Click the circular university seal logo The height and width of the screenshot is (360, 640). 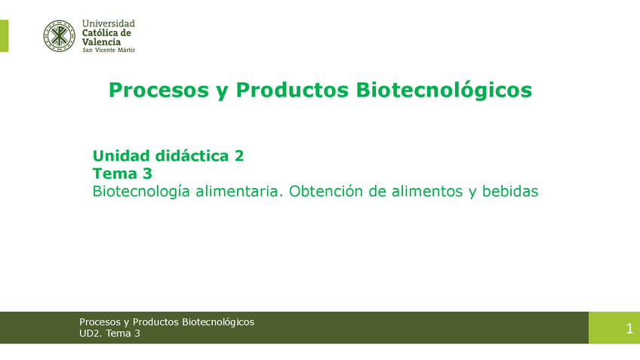pos(59,36)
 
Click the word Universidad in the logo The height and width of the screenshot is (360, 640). pos(108,23)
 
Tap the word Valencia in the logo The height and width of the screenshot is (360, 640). pos(101,42)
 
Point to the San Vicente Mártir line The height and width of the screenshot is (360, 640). pos(109,50)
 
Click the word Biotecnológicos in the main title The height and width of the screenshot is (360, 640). pos(444,91)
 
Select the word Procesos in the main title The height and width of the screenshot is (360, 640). pos(158,91)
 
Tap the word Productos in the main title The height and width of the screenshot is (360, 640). pos(292,90)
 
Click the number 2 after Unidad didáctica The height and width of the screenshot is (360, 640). pos(239,156)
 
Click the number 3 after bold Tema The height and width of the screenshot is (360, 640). pos(147,174)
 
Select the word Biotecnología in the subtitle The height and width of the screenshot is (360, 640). pos(141,192)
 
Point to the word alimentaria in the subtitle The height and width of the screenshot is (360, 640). pos(239,191)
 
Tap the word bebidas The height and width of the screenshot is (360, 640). pos(510,191)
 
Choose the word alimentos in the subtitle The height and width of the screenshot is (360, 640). pos(427,191)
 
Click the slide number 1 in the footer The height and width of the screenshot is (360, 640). pos(629,328)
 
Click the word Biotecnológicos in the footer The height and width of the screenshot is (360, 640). pos(218,322)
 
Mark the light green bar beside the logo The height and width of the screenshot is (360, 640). pos(4,36)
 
